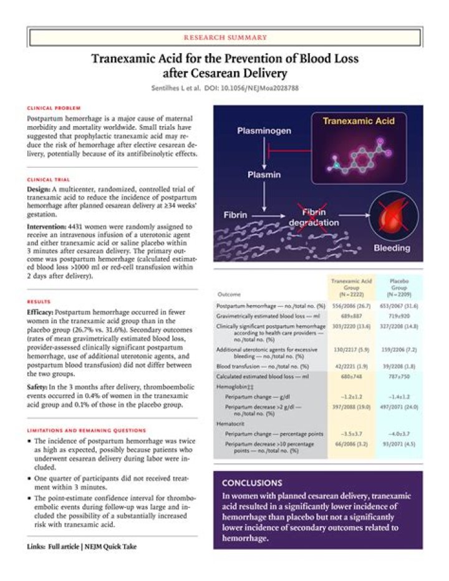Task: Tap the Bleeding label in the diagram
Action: [392, 248]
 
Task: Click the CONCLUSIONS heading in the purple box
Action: [251, 482]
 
